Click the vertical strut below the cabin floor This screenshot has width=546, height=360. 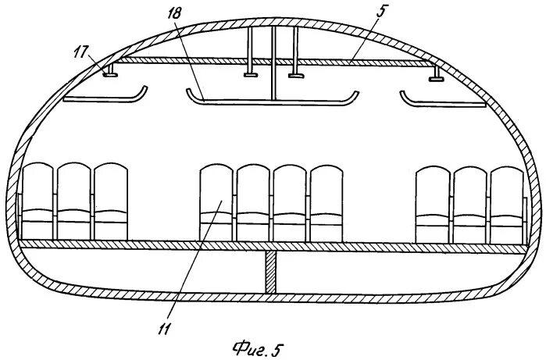[270, 272]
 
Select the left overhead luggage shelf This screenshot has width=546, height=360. [105, 98]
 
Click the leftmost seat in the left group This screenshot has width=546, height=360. [38, 201]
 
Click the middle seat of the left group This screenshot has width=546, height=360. [74, 201]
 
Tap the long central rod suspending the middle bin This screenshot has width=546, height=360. [274, 62]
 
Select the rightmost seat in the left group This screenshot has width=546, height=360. [110, 201]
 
